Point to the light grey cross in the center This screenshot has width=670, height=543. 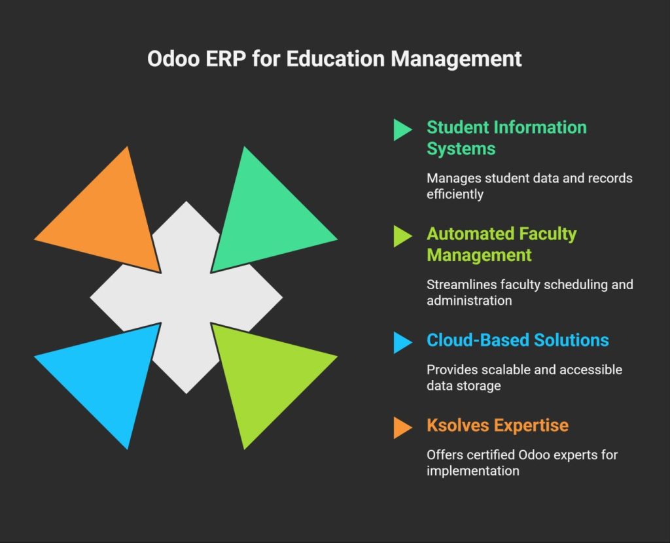click(186, 298)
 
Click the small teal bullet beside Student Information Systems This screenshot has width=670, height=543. click(401, 130)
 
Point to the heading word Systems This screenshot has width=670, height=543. click(461, 149)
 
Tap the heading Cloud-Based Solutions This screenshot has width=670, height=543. click(517, 340)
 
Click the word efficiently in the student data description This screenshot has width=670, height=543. click(455, 194)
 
